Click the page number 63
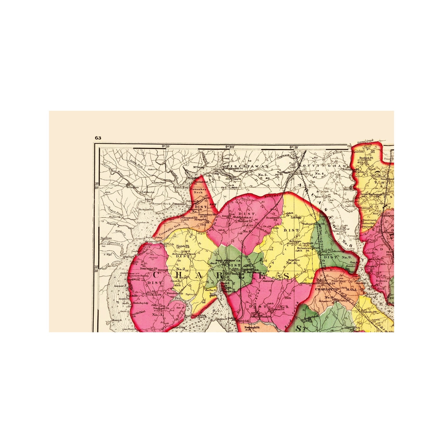click(x=98, y=138)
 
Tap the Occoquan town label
click(x=133, y=187)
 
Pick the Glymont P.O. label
click(x=180, y=217)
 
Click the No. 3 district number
click(x=157, y=315)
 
